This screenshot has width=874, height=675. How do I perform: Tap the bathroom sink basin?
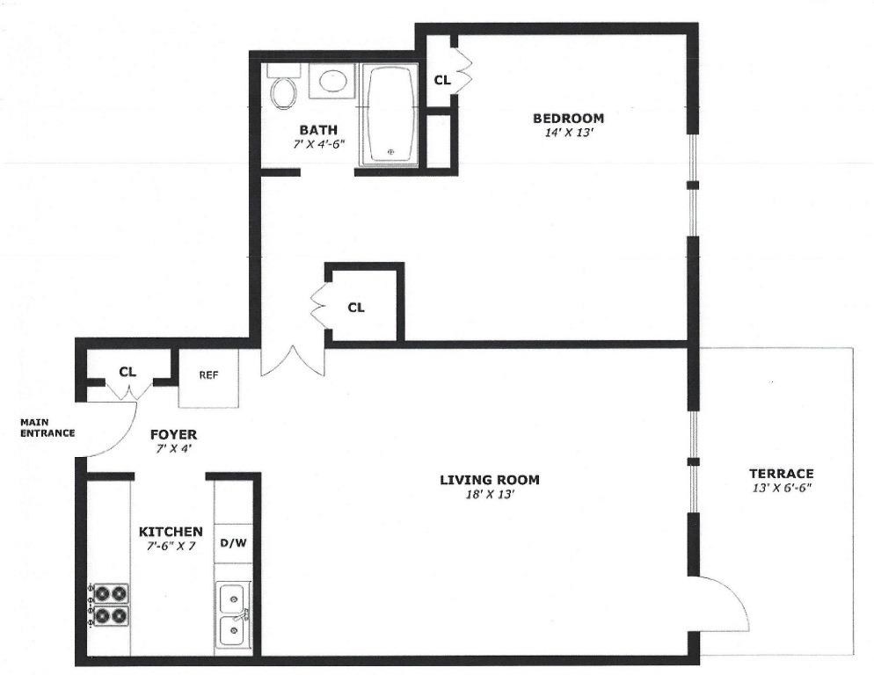coord(333,80)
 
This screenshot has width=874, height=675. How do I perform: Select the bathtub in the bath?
coord(389,114)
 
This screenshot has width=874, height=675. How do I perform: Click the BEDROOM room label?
coord(568,118)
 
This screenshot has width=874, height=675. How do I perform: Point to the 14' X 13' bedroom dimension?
coord(568,134)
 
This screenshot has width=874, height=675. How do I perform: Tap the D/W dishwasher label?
coord(234,543)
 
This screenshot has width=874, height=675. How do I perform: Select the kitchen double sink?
coord(234,616)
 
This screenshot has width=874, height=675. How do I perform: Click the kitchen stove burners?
coord(109,605)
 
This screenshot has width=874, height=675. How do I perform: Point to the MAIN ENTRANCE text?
coord(47,427)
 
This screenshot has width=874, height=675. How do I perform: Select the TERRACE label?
coord(781,474)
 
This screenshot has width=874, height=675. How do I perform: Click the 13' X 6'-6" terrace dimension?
coord(781,489)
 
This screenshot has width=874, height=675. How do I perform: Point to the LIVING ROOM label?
coord(490,479)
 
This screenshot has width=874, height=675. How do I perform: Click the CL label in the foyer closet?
coord(127,372)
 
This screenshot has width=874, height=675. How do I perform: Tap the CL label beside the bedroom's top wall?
coord(442,80)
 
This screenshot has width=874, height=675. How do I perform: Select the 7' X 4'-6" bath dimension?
coord(319,144)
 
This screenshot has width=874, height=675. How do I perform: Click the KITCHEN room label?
coord(171,532)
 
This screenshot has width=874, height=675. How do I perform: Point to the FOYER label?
coord(173,434)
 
